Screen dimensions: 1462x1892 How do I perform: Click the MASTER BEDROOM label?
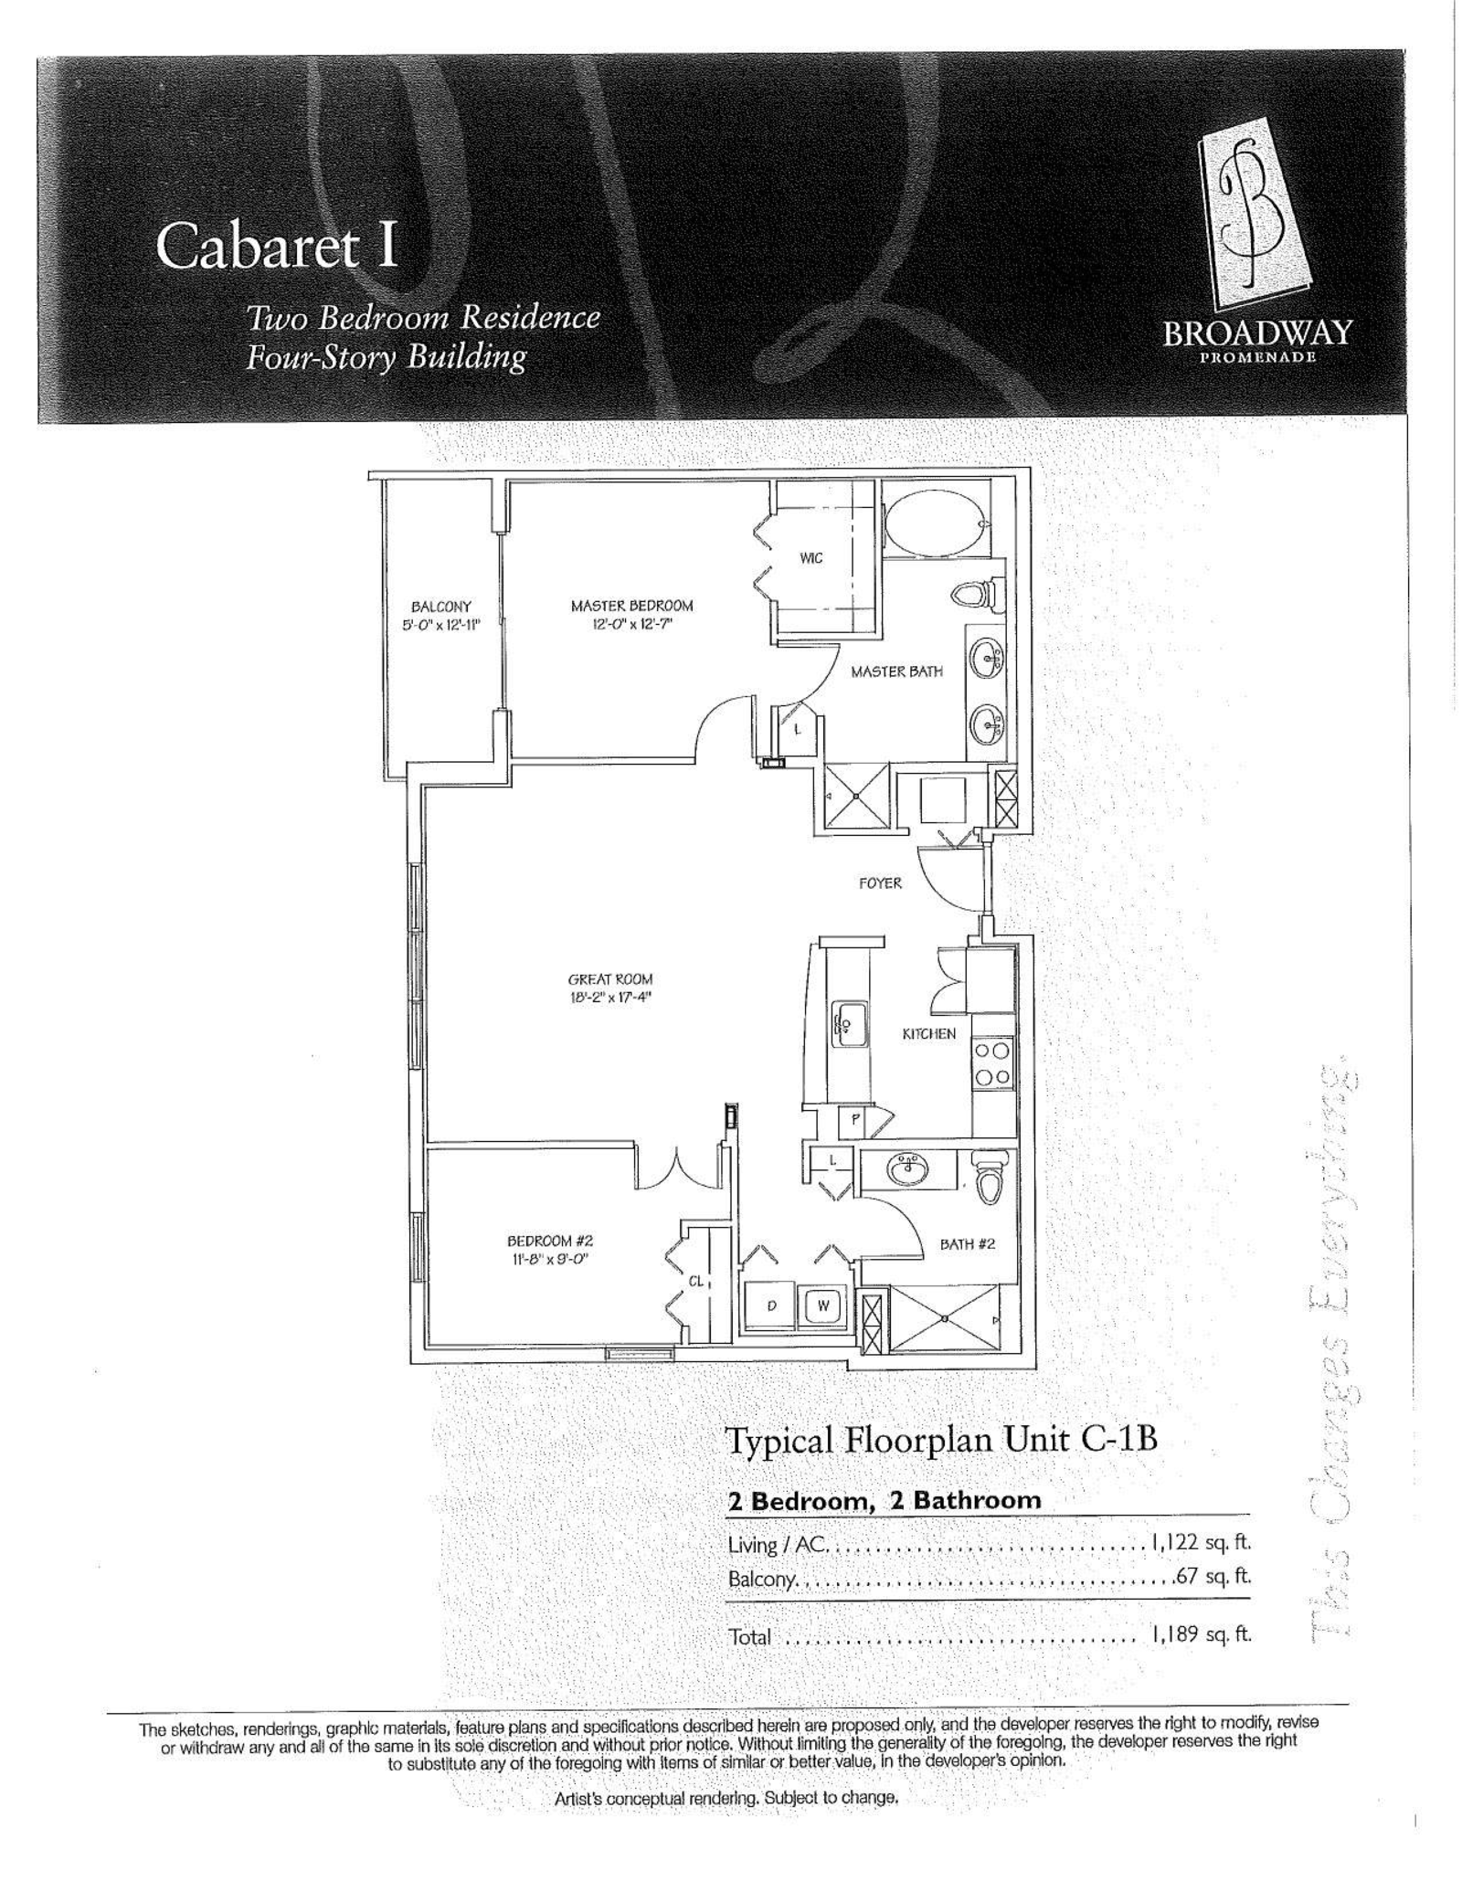click(631, 605)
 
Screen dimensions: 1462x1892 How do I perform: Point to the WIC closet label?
click(810, 558)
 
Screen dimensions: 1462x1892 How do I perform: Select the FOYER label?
click(879, 883)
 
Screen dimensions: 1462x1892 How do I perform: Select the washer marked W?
click(822, 1306)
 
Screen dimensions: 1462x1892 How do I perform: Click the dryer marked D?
click(771, 1306)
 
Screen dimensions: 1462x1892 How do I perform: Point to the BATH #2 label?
click(967, 1243)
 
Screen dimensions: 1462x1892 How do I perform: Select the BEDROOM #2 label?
click(550, 1241)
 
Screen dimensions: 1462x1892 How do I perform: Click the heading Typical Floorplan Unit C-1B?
click(941, 1440)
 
